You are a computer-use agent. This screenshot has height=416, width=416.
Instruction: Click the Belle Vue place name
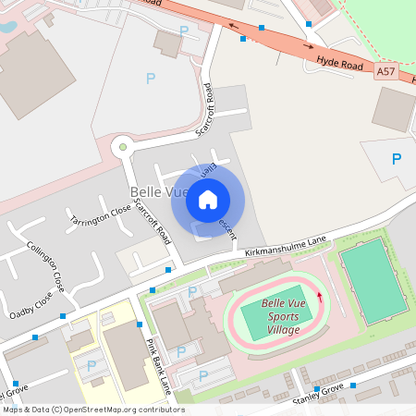coord(147,191)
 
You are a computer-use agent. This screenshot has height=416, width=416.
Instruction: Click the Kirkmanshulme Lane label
coord(287,242)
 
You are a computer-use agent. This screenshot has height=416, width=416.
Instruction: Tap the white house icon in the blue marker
coord(208,199)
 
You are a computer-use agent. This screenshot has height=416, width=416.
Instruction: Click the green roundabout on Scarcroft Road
coord(121,146)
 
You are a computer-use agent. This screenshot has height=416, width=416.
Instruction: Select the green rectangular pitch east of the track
coord(373,278)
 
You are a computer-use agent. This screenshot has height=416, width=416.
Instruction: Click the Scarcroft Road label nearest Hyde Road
coord(207,109)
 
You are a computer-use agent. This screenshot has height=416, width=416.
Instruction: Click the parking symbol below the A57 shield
coord(397,159)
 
